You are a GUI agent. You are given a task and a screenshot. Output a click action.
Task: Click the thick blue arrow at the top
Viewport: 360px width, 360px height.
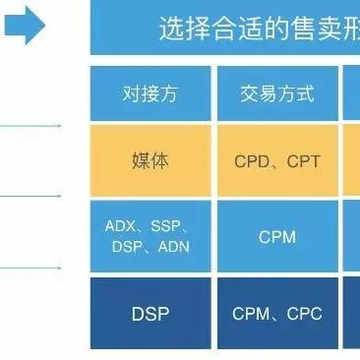pos(24,29)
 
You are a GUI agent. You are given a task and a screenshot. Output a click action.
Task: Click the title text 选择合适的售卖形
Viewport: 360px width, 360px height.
pos(258,30)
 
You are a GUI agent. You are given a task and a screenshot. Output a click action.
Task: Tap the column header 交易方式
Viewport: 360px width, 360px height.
pos(276,94)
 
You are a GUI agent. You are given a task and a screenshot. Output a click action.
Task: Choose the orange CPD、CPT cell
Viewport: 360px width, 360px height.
pos(276,160)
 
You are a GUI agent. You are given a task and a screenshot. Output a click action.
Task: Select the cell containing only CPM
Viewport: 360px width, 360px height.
pos(276,237)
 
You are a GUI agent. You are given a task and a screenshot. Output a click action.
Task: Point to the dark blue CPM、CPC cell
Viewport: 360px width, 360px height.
pos(276,314)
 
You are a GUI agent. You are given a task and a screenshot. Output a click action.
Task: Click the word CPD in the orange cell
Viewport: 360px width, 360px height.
pos(252,160)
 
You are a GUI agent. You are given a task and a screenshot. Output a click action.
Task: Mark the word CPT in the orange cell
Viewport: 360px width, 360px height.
pos(303,160)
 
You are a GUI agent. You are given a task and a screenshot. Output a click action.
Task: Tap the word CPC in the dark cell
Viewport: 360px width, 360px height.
pos(304,314)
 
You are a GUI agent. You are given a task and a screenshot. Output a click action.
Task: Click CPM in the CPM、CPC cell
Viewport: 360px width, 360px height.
pos(251,314)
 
